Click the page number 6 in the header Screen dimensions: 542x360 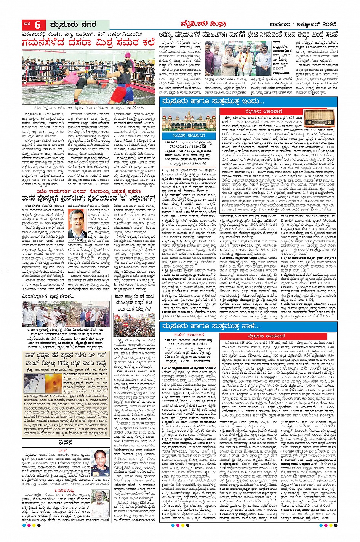coord(38,25)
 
